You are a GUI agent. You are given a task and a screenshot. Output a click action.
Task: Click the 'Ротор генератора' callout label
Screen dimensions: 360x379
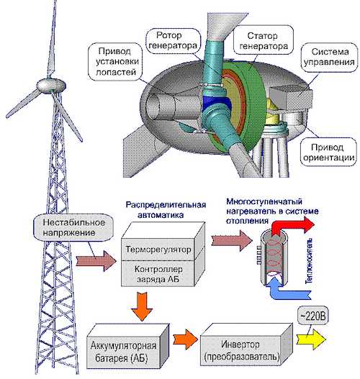pos(174,40)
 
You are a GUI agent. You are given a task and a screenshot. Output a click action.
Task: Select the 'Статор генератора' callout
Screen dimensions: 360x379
pos(264,41)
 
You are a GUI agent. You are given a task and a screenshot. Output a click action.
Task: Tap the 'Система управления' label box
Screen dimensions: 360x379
pos(329,57)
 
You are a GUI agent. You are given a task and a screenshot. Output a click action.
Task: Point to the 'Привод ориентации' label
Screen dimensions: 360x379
pos(328,152)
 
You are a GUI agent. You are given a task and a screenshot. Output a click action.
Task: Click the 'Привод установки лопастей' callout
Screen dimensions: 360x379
pos(115,62)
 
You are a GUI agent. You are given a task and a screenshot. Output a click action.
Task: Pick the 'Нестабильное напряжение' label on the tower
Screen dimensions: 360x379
pos(73,227)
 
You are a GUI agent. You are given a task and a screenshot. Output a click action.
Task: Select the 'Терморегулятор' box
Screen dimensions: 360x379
pos(158,250)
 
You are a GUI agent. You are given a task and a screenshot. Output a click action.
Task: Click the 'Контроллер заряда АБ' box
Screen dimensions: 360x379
pos(158,274)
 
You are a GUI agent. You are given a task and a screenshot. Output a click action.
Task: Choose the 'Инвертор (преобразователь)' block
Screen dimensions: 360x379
pos(241,350)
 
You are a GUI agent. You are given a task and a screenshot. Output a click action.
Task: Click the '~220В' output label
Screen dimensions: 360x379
pos(313,316)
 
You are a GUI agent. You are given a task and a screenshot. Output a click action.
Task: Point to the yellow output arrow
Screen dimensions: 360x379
pos(311,339)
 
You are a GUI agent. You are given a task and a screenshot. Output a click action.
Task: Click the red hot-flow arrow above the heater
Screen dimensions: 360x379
pos(293,226)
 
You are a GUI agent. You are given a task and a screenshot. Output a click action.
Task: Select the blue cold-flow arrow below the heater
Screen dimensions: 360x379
pos(288,290)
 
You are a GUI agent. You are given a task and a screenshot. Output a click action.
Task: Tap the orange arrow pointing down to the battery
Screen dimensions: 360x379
pos(142,306)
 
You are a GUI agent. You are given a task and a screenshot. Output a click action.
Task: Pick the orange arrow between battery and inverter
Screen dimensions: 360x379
pos(185,339)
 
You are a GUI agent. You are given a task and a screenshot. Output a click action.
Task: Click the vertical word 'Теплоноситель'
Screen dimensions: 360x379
pos(310,261)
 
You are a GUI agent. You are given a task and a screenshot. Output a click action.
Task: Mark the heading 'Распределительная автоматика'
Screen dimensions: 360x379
pos(166,209)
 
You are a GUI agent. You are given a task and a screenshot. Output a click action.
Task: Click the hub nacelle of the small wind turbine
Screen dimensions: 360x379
pos(51,85)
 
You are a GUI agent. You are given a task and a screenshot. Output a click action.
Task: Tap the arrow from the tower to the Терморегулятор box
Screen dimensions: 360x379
pos(96,261)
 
